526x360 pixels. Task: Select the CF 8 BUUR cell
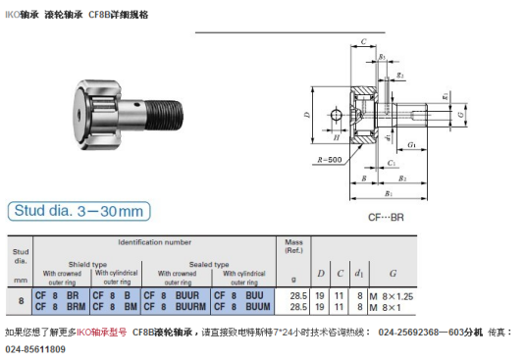(172, 294)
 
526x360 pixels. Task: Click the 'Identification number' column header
(155, 241)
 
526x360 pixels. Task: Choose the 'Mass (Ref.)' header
(293, 245)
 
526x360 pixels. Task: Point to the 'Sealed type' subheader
(208, 262)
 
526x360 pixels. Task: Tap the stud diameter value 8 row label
(21, 300)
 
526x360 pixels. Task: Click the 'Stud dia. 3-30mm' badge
(79, 211)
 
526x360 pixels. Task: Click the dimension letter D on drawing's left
(307, 115)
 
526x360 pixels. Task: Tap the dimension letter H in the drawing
(335, 116)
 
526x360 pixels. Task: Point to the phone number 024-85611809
(36, 348)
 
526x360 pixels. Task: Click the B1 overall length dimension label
(389, 193)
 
